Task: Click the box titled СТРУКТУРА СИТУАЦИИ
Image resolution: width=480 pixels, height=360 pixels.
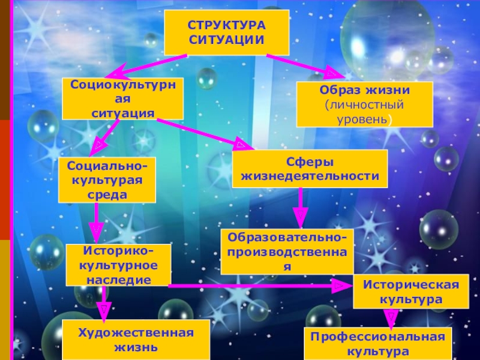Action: click(226, 32)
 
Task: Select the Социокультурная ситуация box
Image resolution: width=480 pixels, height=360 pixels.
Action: click(123, 98)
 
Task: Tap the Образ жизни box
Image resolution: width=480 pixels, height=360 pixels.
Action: click(364, 104)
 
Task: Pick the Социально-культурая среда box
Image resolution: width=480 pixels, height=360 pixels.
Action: click(106, 179)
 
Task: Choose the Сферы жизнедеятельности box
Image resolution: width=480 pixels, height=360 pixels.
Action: click(310, 169)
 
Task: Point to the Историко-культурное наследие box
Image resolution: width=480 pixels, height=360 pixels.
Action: click(118, 265)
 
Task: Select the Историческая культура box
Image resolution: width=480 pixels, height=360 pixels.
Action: click(406, 291)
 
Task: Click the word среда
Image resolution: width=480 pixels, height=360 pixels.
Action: click(106, 194)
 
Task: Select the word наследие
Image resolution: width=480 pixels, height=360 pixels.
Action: click(118, 280)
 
